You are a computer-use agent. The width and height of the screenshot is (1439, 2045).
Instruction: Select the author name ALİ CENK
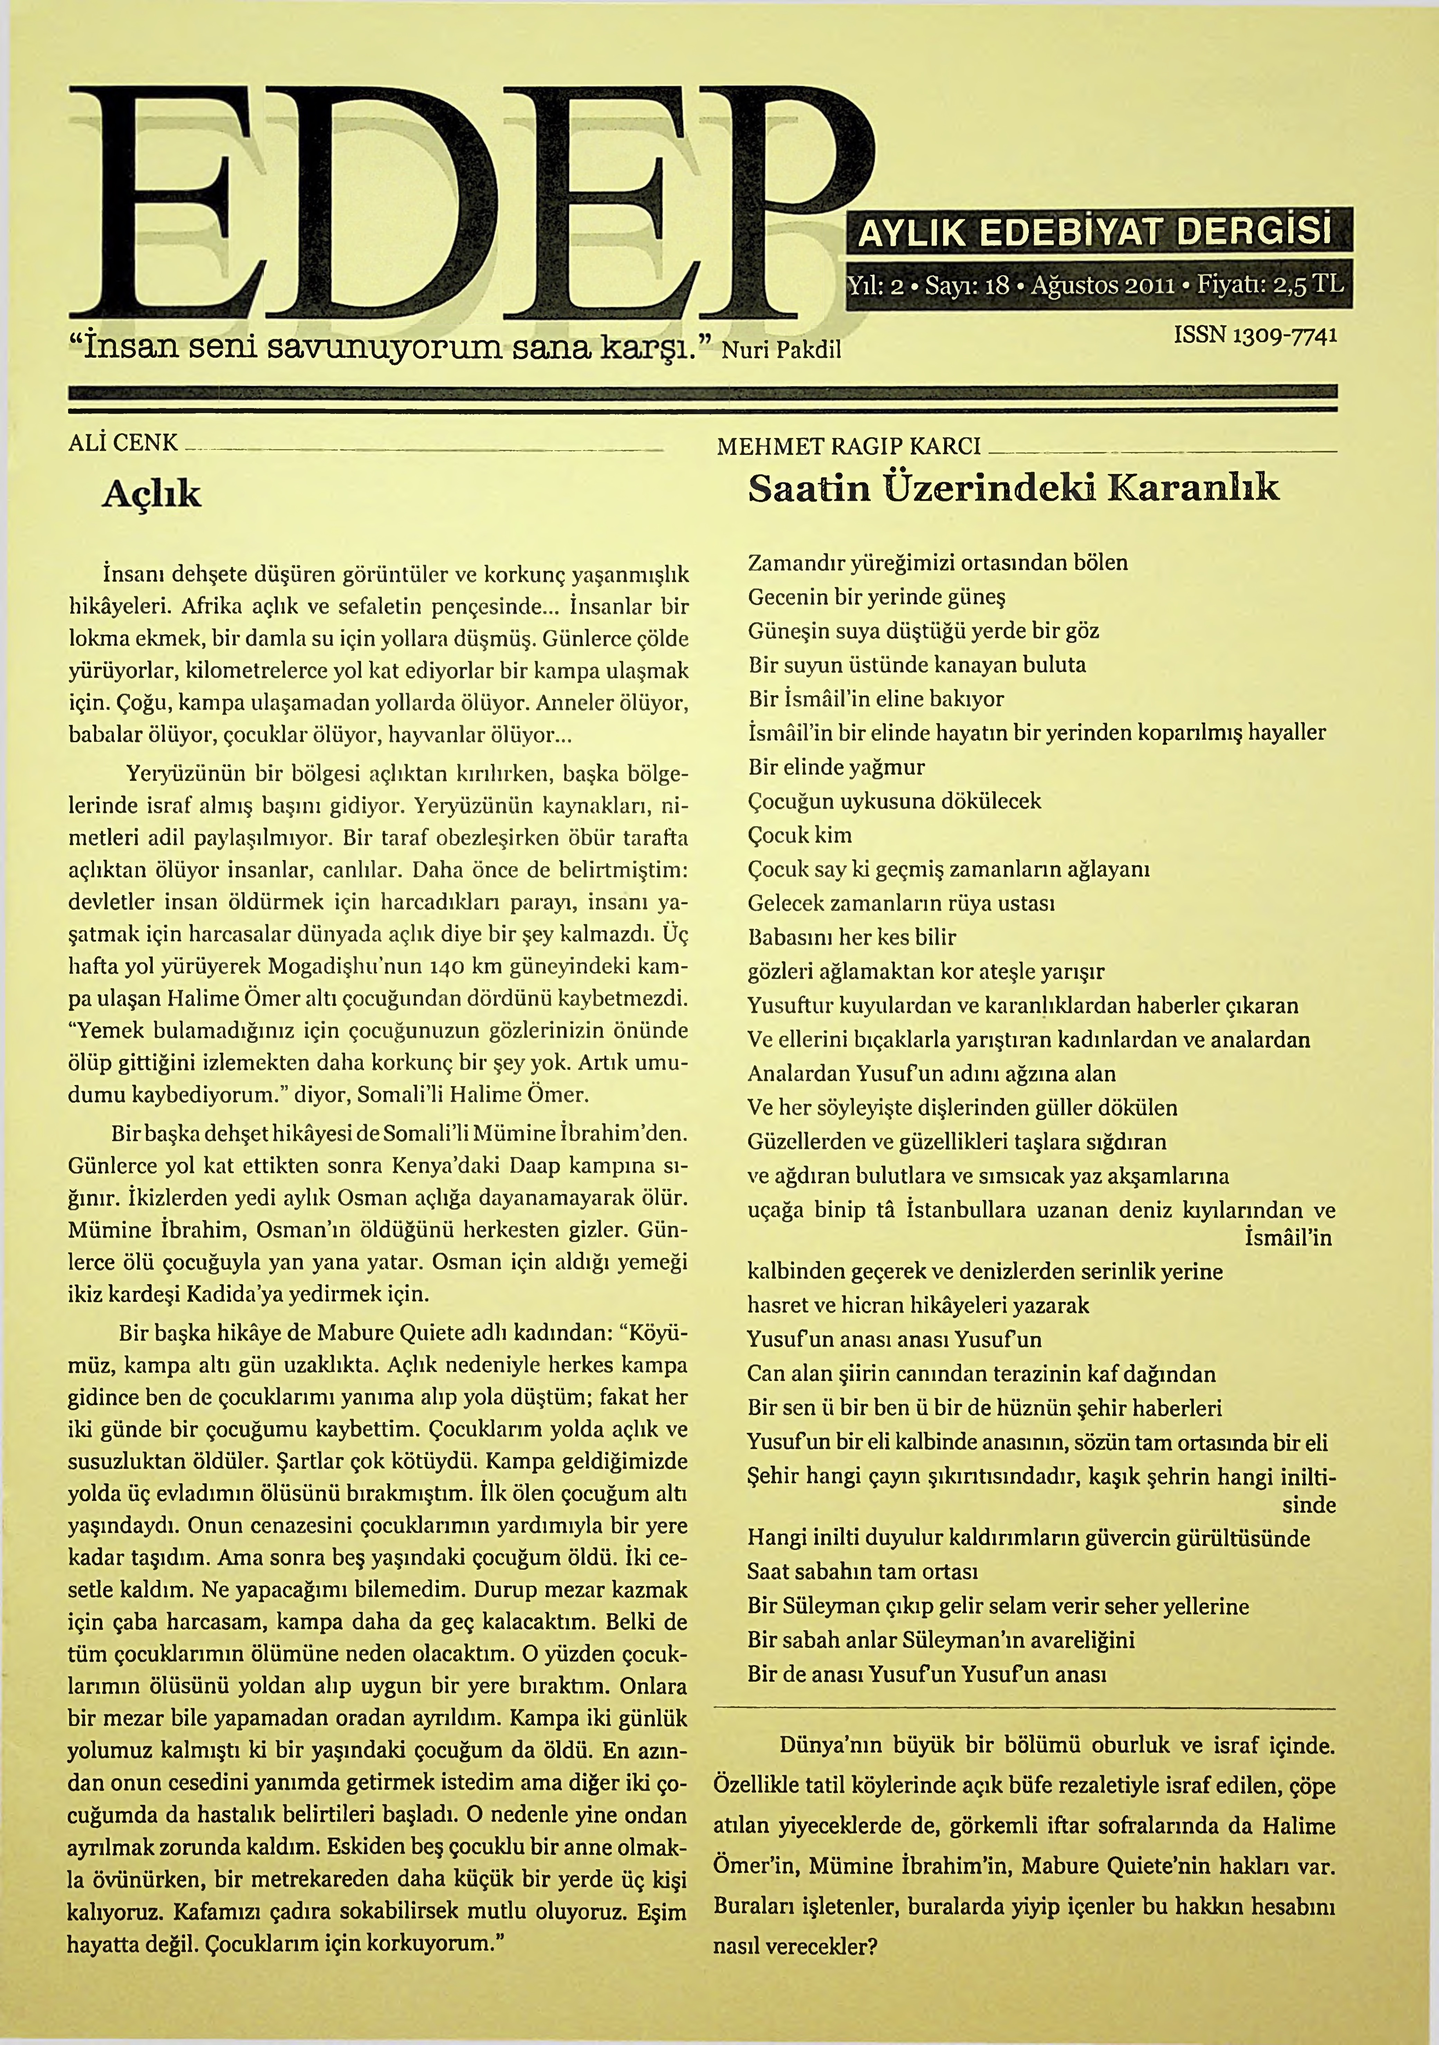123,443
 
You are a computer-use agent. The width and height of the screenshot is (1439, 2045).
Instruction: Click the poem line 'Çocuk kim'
799,835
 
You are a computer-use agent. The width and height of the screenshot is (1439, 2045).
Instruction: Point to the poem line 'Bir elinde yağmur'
836,768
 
